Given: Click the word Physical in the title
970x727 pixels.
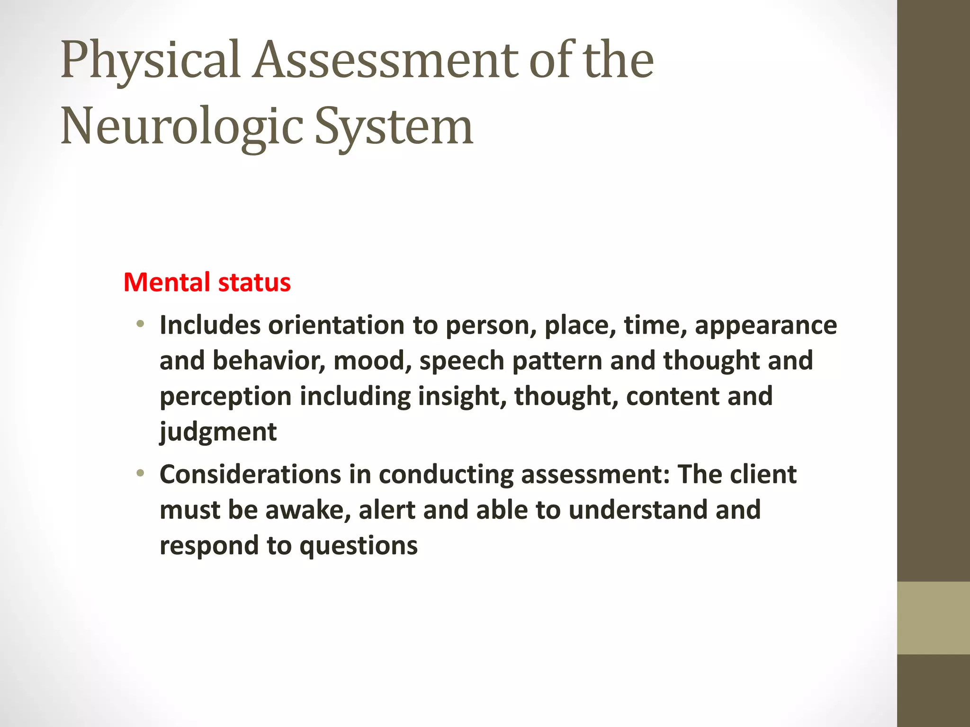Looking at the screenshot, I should (151, 61).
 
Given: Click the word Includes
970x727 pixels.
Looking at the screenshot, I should (210, 326).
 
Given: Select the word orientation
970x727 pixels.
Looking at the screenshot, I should (336, 326).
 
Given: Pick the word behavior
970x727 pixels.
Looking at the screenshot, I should (269, 361).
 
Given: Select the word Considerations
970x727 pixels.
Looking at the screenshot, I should (250, 474).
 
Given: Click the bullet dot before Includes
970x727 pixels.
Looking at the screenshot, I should (140, 324).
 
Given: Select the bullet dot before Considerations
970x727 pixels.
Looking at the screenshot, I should (140, 473).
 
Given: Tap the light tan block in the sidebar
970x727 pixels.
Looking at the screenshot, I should (933, 618).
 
